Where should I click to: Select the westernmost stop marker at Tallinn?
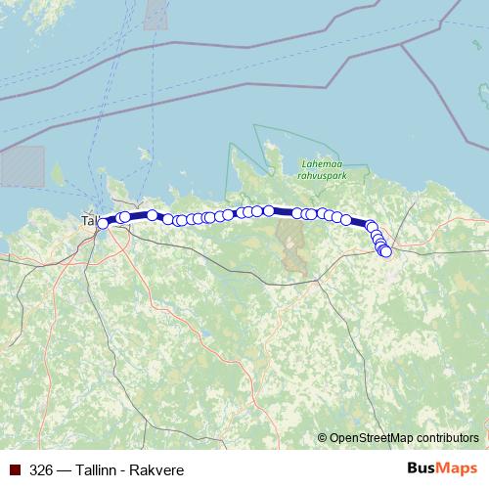103,224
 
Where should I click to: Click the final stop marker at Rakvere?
385,252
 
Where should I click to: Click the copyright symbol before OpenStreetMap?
323,437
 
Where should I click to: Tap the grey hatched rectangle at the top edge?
156,14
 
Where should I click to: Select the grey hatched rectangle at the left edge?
22,165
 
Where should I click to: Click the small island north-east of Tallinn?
144,154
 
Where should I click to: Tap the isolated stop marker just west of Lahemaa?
153,214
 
